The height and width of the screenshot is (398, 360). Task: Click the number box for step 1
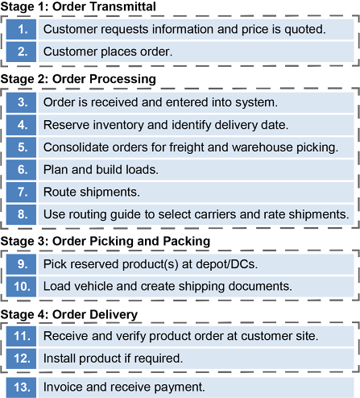21,29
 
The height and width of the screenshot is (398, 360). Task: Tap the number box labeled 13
21,388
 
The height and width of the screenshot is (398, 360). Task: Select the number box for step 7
21,192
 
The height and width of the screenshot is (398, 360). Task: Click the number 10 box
21,287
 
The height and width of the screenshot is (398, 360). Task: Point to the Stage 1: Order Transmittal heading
78,6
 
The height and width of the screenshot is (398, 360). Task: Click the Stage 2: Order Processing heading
78,79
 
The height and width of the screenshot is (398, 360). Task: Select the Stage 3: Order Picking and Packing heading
106,241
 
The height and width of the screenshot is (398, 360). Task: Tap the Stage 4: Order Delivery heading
69,314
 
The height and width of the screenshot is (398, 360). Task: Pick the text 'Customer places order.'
108,52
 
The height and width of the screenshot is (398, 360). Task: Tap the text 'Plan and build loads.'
101,170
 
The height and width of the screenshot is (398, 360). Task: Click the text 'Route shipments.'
92,193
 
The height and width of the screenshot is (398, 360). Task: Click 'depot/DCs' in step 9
226,264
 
